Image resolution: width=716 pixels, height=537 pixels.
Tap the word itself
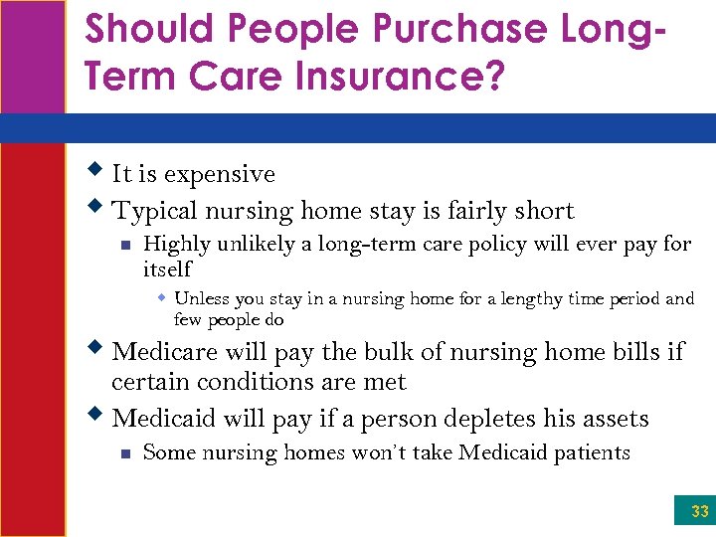[167, 268]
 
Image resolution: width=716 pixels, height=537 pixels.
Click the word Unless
[199, 298]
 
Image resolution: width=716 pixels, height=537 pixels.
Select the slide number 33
[699, 511]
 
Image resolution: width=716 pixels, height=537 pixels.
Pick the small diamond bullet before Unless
[161, 297]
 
